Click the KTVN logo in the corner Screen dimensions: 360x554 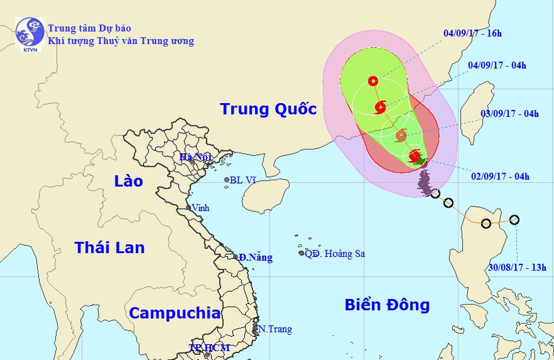30,35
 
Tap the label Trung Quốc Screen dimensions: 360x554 268,110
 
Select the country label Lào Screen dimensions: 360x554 128,181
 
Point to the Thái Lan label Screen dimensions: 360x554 110,248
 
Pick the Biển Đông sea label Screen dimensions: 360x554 387,305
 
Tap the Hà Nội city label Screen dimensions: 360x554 195,157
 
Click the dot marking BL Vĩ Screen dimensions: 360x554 227,180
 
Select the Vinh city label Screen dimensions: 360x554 201,208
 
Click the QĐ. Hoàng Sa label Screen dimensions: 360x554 335,254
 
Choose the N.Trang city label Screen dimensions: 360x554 276,329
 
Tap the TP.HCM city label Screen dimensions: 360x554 209,348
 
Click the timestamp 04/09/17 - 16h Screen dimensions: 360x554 472,33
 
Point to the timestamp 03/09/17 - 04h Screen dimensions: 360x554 509,114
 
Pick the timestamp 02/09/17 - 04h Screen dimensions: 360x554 500,177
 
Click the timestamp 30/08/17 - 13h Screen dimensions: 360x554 517,267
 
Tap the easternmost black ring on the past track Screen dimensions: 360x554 514,220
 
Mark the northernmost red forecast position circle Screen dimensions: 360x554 373,81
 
